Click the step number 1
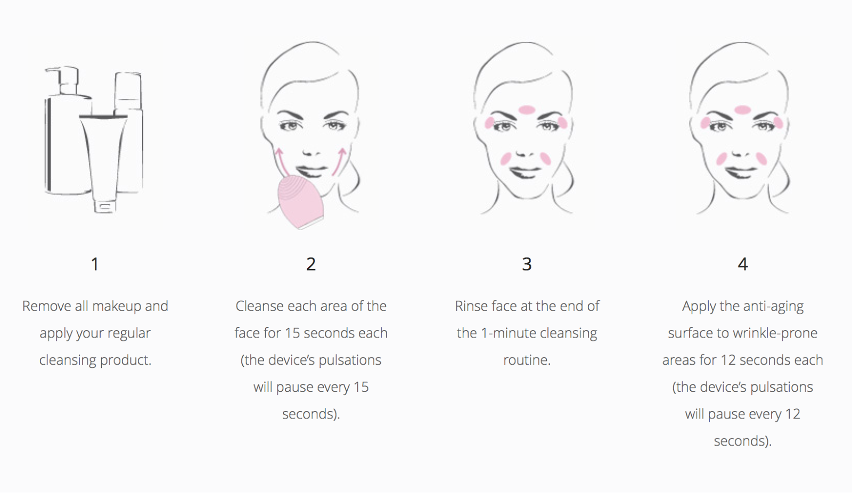click(95, 264)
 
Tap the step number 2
click(311, 264)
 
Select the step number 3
click(527, 264)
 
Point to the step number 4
click(743, 264)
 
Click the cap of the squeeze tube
click(104, 206)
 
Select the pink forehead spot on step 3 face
click(527, 110)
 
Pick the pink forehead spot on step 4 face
click(742, 110)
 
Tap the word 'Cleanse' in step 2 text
click(260, 306)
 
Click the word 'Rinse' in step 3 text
click(471, 306)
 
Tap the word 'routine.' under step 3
click(527, 360)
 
